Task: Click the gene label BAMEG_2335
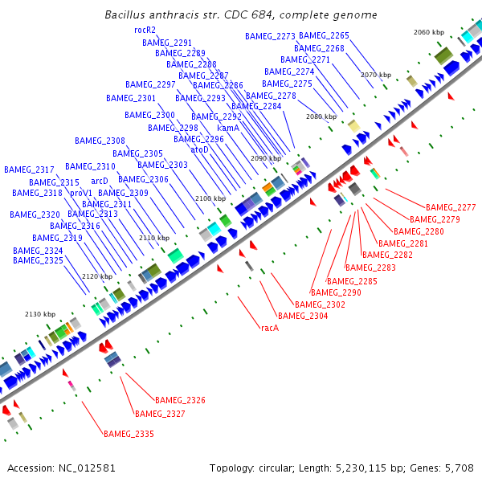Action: [129, 434]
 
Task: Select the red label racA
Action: [269, 328]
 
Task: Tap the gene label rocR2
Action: [145, 29]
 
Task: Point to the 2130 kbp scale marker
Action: [40, 314]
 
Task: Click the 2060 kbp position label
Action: [428, 32]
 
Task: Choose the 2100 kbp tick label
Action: [210, 198]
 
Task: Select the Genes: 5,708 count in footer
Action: [445, 468]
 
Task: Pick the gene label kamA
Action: [228, 128]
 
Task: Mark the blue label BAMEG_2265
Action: [324, 36]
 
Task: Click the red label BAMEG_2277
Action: [451, 207]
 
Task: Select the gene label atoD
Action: [199, 149]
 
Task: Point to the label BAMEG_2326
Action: [180, 400]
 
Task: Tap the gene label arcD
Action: [99, 182]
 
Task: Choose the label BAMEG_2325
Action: [38, 260]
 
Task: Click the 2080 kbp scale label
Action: [321, 116]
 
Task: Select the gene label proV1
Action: [81, 193]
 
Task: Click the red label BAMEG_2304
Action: [303, 316]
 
